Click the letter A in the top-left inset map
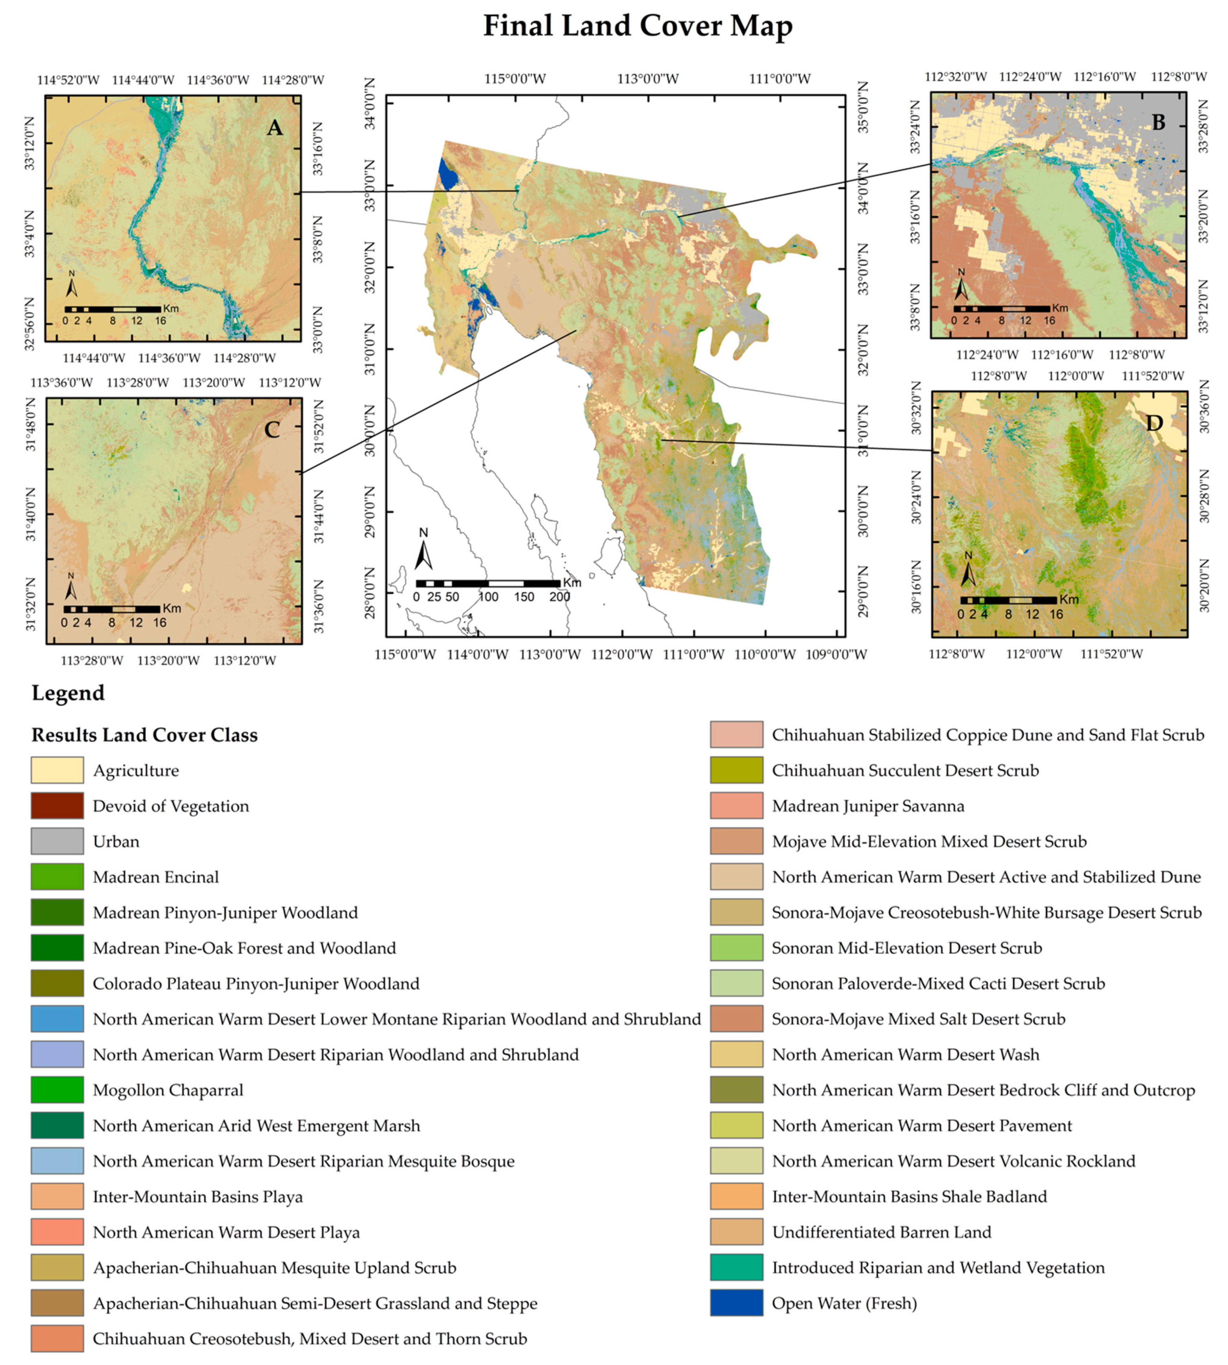[x=274, y=128]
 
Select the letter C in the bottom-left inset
[x=272, y=430]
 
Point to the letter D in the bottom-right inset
[x=1155, y=423]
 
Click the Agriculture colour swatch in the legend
[x=57, y=770]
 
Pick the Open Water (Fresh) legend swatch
[x=736, y=1303]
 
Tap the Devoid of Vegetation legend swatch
[x=57, y=806]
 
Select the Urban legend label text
[x=116, y=841]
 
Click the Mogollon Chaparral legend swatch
[x=57, y=1090]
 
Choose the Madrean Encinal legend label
[x=156, y=877]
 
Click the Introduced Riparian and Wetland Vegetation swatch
[x=736, y=1267]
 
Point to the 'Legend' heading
[x=68, y=693]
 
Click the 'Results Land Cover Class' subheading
[x=144, y=735]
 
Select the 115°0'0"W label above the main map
[x=515, y=79]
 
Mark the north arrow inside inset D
[x=968, y=571]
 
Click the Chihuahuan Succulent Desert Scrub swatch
[x=736, y=770]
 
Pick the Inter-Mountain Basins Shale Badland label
[x=910, y=1196]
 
